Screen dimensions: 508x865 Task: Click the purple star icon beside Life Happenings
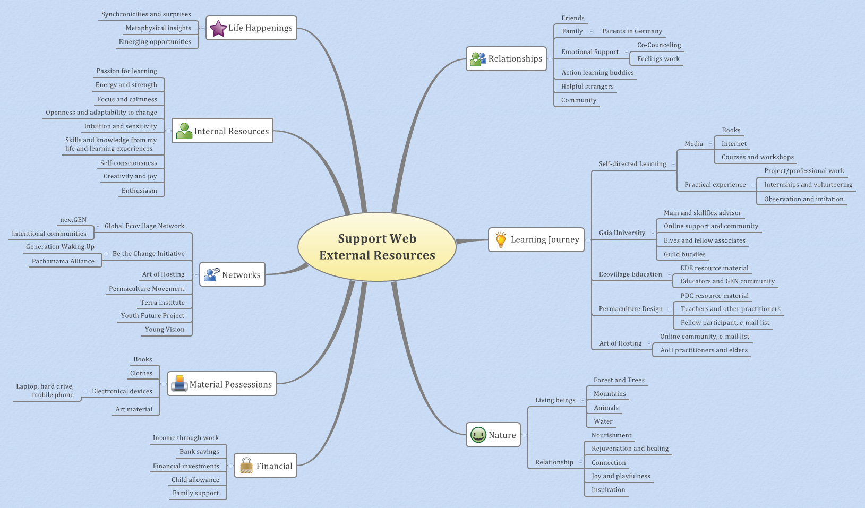218,28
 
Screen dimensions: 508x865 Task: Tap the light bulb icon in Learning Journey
500,240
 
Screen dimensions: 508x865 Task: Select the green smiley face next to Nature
478,435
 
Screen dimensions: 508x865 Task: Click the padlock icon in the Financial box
246,466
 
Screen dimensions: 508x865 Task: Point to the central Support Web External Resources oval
377,247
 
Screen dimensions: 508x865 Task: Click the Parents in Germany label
632,31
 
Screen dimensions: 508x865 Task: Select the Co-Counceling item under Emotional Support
658,45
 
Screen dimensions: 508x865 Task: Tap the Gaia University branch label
622,233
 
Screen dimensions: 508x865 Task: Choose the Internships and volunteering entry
808,185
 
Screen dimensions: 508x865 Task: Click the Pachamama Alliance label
63,261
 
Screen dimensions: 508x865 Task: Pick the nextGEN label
73,220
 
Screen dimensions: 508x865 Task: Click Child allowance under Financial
195,480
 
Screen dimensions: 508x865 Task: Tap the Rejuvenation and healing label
630,449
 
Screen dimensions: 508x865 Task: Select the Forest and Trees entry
619,380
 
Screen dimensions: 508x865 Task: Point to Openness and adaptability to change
101,113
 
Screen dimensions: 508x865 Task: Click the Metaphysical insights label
158,28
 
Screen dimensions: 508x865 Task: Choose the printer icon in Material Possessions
179,384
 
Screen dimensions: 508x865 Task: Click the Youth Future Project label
152,316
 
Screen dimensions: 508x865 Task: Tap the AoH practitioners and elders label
704,350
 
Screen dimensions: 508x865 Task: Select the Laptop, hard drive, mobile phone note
45,391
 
